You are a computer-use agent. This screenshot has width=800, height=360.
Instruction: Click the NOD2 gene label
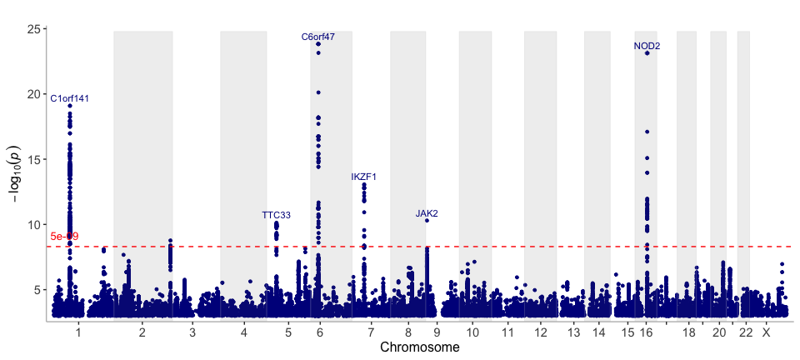pyautogui.click(x=647, y=46)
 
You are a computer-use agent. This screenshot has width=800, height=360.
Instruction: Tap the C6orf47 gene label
pyautogui.click(x=318, y=37)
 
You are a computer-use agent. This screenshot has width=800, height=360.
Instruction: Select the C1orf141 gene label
pyautogui.click(x=70, y=98)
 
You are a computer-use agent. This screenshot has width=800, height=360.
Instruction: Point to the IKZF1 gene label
pyautogui.click(x=364, y=177)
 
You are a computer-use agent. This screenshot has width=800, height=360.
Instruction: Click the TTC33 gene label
pyautogui.click(x=276, y=215)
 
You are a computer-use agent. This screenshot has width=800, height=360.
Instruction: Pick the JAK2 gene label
pyautogui.click(x=427, y=213)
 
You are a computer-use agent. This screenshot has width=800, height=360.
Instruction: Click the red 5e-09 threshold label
pyautogui.click(x=64, y=237)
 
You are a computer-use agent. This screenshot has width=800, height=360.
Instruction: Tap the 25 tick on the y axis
pyautogui.click(x=35, y=29)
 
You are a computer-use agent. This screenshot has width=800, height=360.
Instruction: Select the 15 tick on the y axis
pyautogui.click(x=35, y=159)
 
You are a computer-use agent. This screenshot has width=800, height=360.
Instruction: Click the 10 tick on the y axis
pyautogui.click(x=35, y=224)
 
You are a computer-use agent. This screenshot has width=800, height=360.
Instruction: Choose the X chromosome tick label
pyautogui.click(x=767, y=332)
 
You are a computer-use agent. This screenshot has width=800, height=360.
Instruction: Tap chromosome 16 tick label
pyautogui.click(x=646, y=332)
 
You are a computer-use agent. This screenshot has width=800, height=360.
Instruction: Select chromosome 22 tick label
pyautogui.click(x=746, y=332)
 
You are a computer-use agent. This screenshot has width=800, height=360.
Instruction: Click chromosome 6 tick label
pyautogui.click(x=320, y=332)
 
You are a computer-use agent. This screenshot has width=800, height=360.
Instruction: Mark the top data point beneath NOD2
pyautogui.click(x=647, y=53)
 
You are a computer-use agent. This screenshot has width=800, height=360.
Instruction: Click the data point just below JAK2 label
pyautogui.click(x=427, y=221)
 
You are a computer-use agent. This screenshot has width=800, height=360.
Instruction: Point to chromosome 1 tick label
pyautogui.click(x=77, y=332)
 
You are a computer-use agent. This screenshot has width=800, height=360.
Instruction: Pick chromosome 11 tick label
pyautogui.click(x=507, y=332)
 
